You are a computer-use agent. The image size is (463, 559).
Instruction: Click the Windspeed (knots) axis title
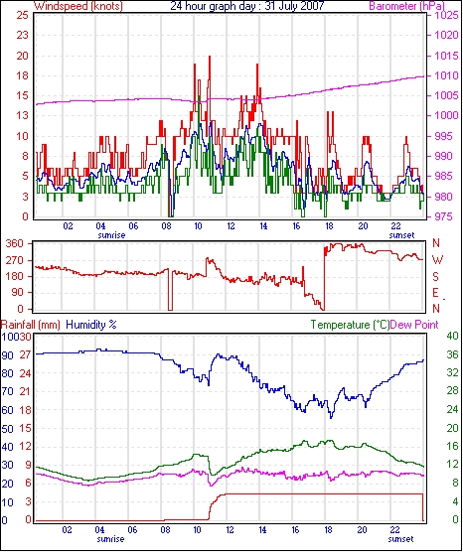[x=78, y=6]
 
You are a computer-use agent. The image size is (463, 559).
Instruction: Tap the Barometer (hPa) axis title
[x=406, y=6]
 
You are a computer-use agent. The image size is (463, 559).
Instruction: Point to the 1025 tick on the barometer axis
[x=446, y=15]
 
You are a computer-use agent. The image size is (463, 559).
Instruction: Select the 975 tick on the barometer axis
[x=444, y=216]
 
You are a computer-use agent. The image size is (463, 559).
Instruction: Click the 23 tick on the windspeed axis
[x=22, y=35]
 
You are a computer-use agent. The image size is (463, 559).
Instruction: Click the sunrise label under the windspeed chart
[x=111, y=235]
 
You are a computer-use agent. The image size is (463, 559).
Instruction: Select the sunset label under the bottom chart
[x=400, y=539]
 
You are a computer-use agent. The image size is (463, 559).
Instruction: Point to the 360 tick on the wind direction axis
[x=15, y=244]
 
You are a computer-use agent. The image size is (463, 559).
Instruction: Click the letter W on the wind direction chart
[x=437, y=260]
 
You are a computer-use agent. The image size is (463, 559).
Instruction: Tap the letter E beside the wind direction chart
[x=435, y=293]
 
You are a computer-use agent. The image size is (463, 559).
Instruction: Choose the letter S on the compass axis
[x=435, y=276]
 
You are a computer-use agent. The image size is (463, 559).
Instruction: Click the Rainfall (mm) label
[x=31, y=325]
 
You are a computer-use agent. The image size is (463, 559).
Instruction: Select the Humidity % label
[x=91, y=325]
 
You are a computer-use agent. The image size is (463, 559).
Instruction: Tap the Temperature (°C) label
[x=350, y=325]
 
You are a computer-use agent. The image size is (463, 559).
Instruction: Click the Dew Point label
[x=414, y=325]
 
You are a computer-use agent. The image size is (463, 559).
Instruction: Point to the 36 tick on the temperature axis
[x=452, y=354]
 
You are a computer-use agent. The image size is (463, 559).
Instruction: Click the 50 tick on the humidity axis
[x=8, y=428]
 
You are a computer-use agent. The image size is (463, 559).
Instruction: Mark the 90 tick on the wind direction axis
[x=18, y=292]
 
